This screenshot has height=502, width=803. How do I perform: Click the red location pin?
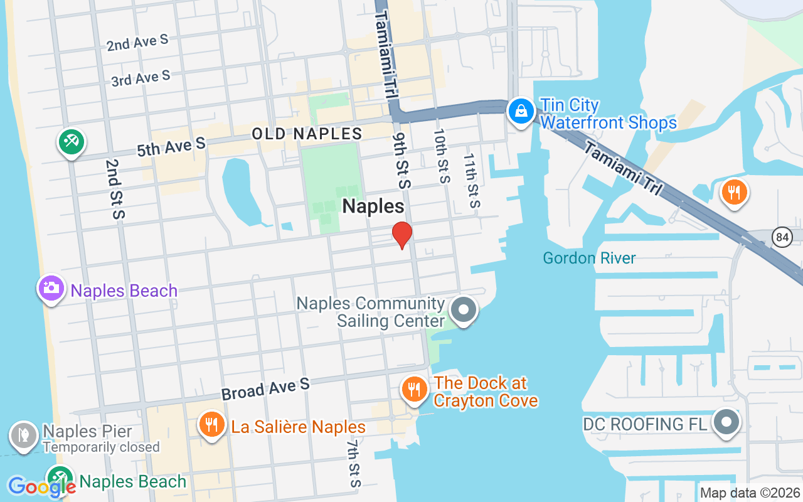[x=401, y=235]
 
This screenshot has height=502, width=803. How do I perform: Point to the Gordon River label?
[x=589, y=258]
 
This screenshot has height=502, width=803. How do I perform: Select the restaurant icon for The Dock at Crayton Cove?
[x=413, y=389]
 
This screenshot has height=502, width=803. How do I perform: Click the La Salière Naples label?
[x=298, y=427]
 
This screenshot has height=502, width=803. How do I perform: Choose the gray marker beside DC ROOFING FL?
[x=726, y=422]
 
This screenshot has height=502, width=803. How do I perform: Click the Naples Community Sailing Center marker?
[x=464, y=310]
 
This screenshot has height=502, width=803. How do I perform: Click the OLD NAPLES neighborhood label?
[x=307, y=134]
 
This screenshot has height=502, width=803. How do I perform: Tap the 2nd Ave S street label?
[x=137, y=43]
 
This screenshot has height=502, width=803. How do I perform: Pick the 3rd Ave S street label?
[x=141, y=78]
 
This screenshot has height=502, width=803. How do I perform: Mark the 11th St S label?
[x=472, y=180]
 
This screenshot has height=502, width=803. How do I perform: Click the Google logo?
[x=41, y=487]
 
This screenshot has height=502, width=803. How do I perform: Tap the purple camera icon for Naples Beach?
[x=51, y=289]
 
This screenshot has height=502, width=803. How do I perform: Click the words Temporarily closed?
[x=101, y=447]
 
